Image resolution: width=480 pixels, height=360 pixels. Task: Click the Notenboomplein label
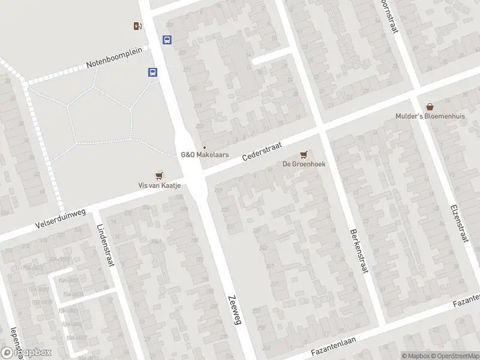point(114,57)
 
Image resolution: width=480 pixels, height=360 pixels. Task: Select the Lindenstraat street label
point(105,246)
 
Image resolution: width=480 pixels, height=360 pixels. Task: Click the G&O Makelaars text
point(205,155)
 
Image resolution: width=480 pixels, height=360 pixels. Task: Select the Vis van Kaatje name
point(160,186)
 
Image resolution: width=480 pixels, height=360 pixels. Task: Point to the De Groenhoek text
point(304,164)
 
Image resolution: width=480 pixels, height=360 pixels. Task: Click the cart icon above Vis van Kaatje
point(159,175)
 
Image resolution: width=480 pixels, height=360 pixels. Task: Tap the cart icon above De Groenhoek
point(304,154)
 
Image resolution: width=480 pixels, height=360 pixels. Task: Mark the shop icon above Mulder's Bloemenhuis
point(430,106)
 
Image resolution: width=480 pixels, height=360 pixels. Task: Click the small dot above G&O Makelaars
point(205,147)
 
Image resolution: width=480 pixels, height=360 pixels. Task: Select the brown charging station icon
point(138,26)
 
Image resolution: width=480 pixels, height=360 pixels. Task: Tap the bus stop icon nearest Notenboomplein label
point(153,73)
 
